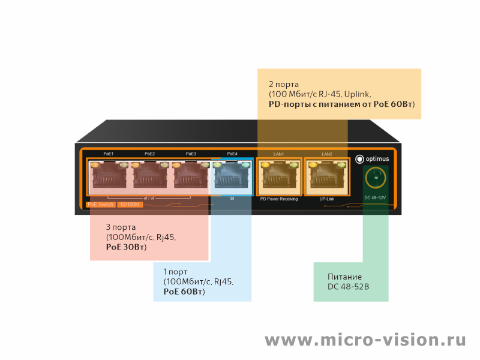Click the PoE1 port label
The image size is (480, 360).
tap(109, 154)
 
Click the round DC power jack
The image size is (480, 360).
tap(376, 178)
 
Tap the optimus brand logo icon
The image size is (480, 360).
tap(359, 159)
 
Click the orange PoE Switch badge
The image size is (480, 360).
tap(100, 205)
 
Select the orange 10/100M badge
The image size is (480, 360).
tap(130, 205)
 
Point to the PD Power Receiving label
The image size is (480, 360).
tap(279, 199)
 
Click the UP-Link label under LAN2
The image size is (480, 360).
tap(327, 199)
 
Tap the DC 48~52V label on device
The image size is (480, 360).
tap(375, 198)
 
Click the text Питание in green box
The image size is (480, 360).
tap(344, 277)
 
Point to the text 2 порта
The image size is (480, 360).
tap(284, 85)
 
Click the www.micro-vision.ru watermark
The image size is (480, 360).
tap(365, 340)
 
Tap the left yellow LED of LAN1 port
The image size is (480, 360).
tap(265, 165)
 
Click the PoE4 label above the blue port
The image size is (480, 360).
tap(232, 154)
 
